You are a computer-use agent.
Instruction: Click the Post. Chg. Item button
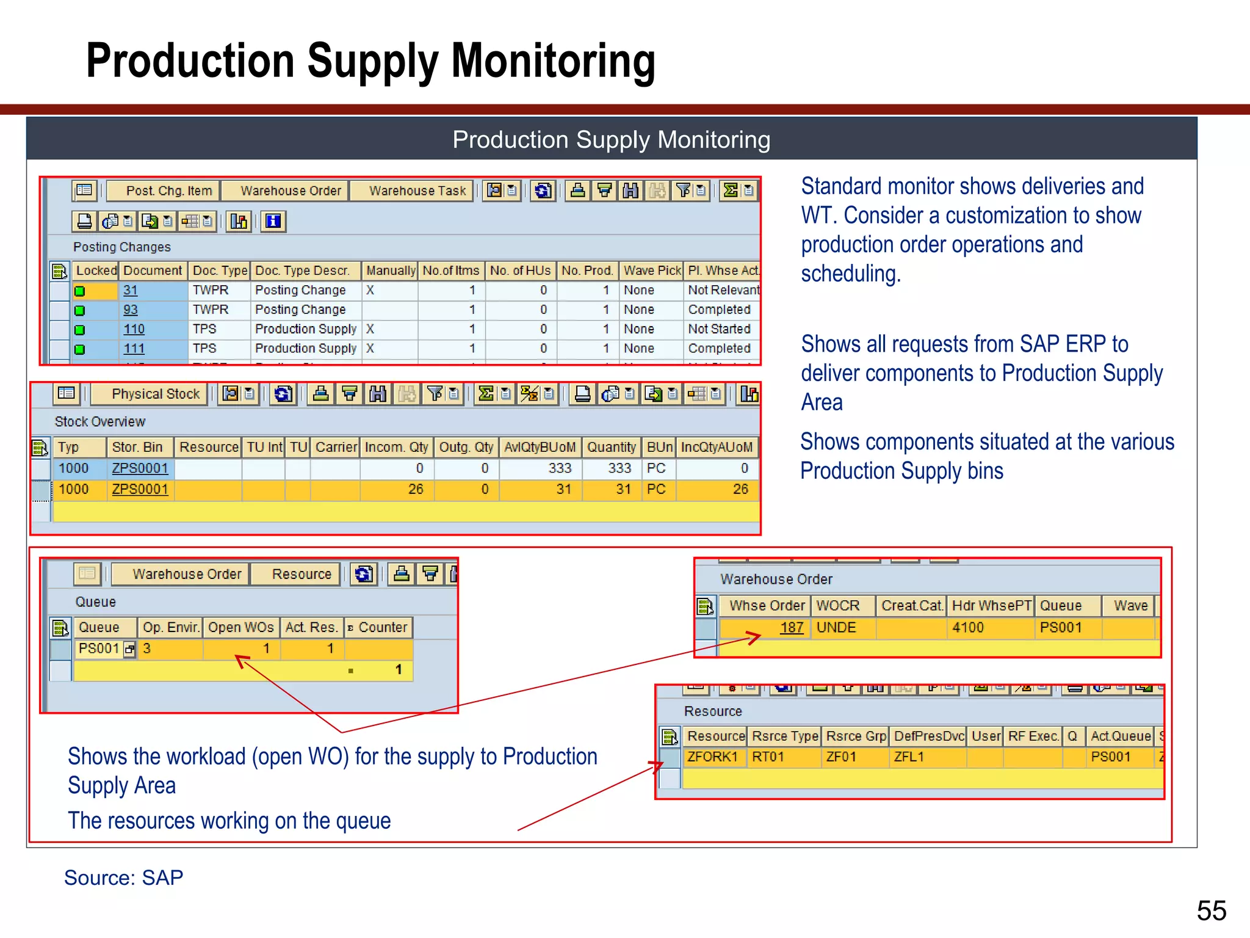click(x=169, y=191)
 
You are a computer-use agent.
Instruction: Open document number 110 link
click(x=134, y=330)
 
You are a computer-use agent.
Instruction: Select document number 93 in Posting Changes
click(x=131, y=310)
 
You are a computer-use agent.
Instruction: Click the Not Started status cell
click(x=719, y=329)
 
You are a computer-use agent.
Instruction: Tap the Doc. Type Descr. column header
click(x=302, y=271)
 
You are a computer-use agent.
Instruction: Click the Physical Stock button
click(x=156, y=394)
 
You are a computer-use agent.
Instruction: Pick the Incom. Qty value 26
click(x=415, y=489)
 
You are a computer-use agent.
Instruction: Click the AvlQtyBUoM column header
click(x=540, y=448)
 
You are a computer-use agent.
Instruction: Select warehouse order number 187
click(x=792, y=628)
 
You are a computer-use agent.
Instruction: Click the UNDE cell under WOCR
click(x=836, y=628)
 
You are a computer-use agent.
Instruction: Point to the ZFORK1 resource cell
click(x=712, y=757)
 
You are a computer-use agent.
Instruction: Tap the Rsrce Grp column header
click(x=856, y=736)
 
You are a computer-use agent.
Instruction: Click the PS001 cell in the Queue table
click(x=99, y=649)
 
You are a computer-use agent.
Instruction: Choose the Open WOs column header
click(x=240, y=628)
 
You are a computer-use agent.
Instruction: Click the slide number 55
click(x=1211, y=911)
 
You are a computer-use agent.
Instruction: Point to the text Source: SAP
click(x=124, y=878)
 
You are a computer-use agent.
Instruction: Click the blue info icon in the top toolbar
click(x=273, y=221)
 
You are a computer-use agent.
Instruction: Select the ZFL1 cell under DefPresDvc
click(x=909, y=757)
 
